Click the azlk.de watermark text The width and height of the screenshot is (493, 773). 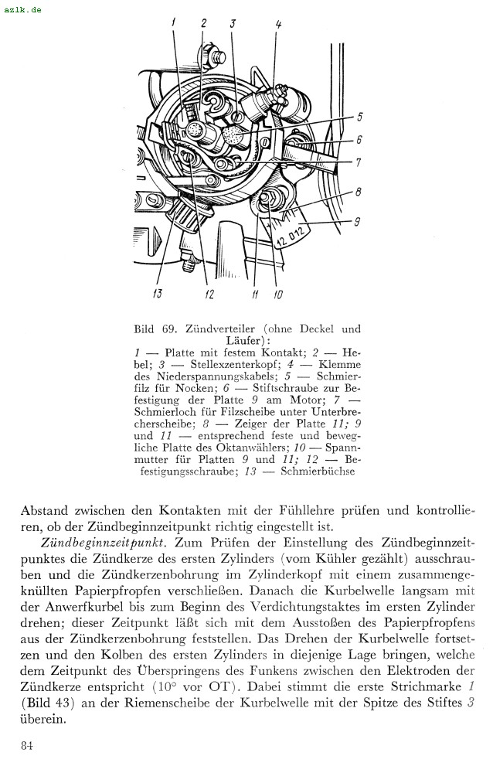22,9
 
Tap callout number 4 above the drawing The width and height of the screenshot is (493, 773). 278,24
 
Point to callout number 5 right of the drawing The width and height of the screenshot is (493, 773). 359,117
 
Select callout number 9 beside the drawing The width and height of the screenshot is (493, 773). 357,223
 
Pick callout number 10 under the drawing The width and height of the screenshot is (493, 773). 277,294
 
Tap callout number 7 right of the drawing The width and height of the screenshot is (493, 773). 359,163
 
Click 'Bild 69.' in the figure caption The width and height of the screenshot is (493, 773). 157,329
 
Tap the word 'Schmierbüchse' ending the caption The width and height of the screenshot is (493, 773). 318,471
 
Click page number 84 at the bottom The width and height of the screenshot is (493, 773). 28,745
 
